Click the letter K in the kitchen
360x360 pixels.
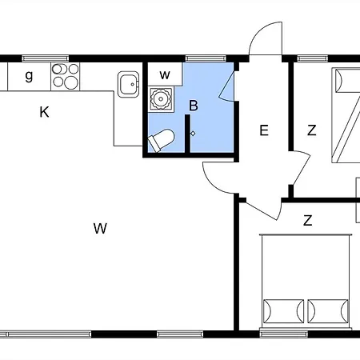pos(44,112)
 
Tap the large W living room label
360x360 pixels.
pos(100,228)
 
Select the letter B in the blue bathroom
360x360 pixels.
pos(194,106)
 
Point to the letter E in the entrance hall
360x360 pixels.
pos(264,130)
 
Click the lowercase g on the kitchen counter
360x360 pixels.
pos(29,76)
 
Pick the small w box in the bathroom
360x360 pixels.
pos(165,74)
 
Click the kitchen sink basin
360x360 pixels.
pos(129,84)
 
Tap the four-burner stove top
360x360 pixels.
pos(66,77)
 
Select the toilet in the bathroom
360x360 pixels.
pos(161,140)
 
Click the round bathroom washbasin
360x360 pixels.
pos(161,99)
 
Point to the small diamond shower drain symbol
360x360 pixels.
pos(193,134)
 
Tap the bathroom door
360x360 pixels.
pos(226,86)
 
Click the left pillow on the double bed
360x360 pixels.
pos(284,311)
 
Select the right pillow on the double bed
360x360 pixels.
pos(328,311)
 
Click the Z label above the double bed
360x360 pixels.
pos(308,221)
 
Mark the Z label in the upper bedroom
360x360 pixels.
pos(312,130)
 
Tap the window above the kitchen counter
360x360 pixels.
pos(46,58)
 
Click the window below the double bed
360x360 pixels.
pos(284,334)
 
